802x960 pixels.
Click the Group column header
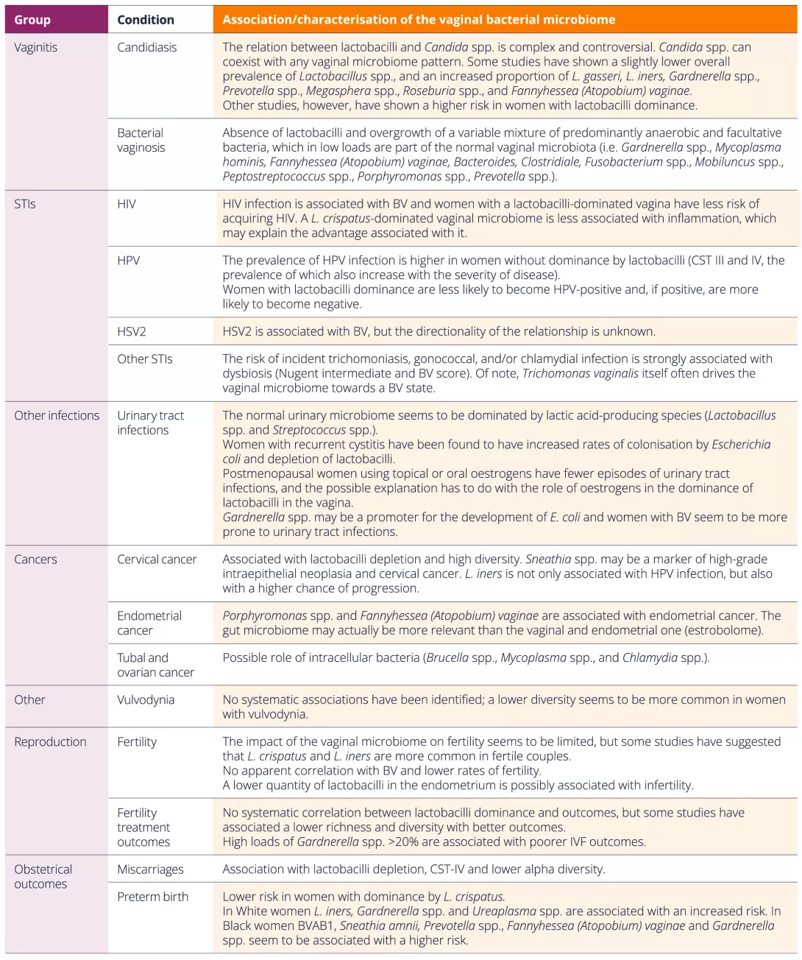tap(32, 20)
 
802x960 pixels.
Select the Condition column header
tap(146, 20)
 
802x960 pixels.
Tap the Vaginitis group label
tap(36, 48)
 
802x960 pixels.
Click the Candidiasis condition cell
tap(147, 48)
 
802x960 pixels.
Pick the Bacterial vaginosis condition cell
tap(141, 140)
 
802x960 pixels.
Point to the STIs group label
tap(25, 204)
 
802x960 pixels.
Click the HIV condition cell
tap(127, 204)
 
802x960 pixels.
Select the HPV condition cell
tap(129, 261)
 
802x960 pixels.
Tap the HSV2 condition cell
tap(132, 331)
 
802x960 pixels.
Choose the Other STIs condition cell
tap(145, 359)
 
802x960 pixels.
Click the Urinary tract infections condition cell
tap(150, 423)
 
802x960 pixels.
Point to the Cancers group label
tap(35, 560)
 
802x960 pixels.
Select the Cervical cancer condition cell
tap(157, 560)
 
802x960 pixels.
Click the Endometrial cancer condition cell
tap(150, 623)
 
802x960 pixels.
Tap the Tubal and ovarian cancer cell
tap(155, 665)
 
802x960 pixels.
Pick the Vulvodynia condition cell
tap(146, 699)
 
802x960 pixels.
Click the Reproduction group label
tap(50, 742)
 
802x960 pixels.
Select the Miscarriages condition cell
tap(150, 869)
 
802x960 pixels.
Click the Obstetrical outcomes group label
tap(43, 877)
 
